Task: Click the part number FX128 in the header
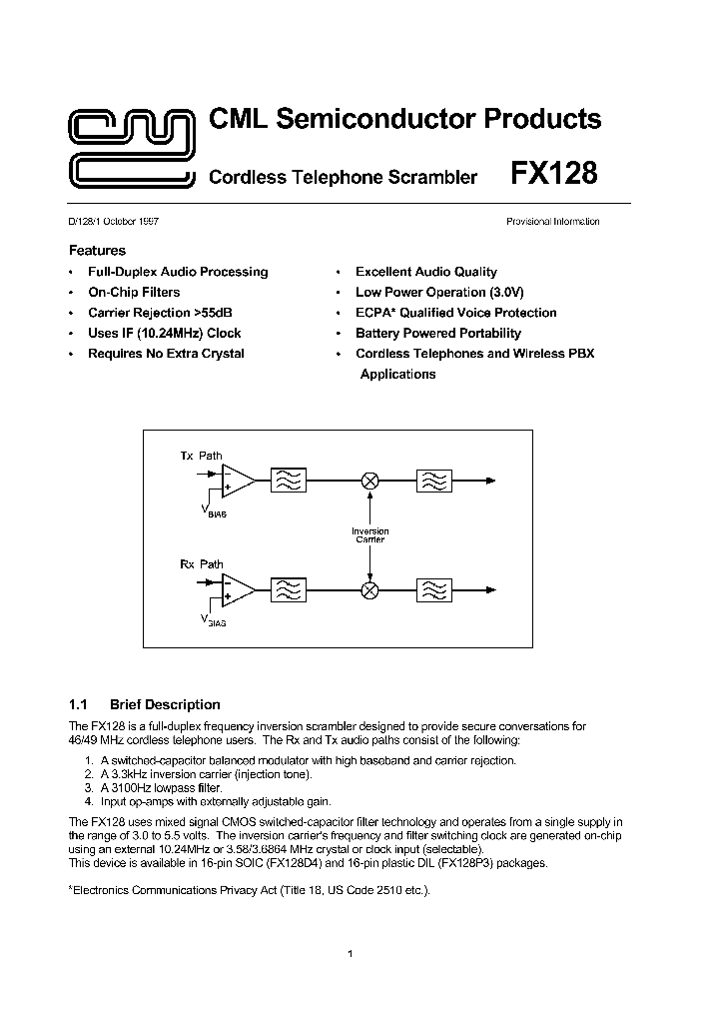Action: click(554, 174)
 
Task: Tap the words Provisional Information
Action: click(552, 222)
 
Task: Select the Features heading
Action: click(97, 251)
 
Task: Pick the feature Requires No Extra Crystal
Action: click(166, 354)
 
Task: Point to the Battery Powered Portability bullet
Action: click(437, 333)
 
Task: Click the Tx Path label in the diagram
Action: click(201, 456)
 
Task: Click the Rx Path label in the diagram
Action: click(201, 564)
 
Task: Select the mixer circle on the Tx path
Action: click(369, 481)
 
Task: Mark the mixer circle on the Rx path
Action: click(369, 589)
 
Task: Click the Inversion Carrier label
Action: click(369, 535)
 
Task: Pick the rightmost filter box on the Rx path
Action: click(434, 589)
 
